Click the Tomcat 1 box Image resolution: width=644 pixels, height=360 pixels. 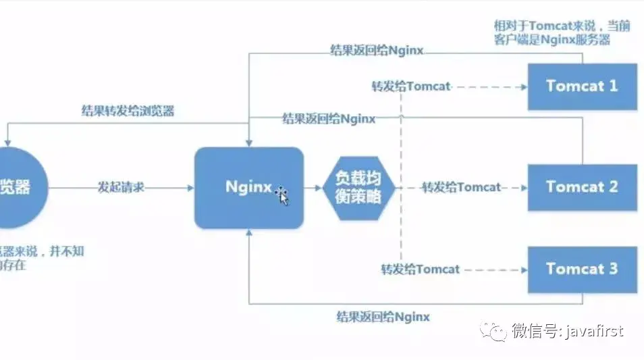[x=582, y=86]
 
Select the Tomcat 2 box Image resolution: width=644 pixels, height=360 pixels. [x=582, y=186]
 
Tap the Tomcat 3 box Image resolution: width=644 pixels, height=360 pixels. [x=582, y=269]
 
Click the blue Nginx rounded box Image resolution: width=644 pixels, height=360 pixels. [x=248, y=187]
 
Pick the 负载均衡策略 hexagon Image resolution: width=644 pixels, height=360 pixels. [x=358, y=187]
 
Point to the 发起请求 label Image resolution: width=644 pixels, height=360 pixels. [x=121, y=187]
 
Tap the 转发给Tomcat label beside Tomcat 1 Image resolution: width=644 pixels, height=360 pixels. [x=410, y=86]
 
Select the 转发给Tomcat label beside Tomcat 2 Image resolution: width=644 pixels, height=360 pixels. [x=461, y=187]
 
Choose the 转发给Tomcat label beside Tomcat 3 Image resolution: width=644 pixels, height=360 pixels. [x=420, y=269]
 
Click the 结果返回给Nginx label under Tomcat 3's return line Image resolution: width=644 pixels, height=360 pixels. [x=383, y=316]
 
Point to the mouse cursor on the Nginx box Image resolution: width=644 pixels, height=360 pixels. [x=282, y=195]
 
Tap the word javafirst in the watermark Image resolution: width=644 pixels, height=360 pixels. [x=594, y=331]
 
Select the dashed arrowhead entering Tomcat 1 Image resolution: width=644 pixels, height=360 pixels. [x=524, y=86]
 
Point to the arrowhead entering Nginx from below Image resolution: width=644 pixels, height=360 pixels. [x=249, y=232]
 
